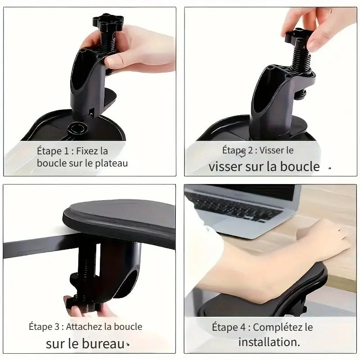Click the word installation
[269, 342]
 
